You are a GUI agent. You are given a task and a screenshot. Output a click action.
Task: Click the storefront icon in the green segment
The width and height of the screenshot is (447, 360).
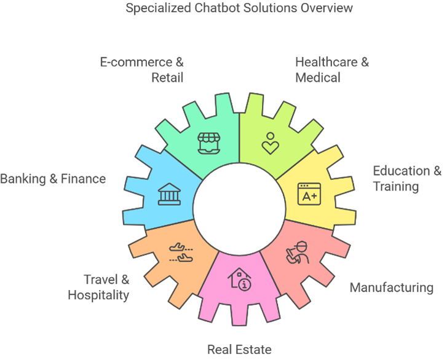(x=209, y=143)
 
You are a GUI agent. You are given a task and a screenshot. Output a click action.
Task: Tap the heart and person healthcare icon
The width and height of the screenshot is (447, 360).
(x=271, y=144)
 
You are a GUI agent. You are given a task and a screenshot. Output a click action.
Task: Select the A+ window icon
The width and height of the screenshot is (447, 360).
(x=309, y=194)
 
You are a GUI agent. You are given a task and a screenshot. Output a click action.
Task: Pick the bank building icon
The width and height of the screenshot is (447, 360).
(x=169, y=194)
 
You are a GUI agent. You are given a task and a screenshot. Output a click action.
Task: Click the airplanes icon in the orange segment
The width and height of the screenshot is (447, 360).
(x=181, y=252)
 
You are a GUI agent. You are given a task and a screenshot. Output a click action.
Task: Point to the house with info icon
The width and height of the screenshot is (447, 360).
(x=239, y=279)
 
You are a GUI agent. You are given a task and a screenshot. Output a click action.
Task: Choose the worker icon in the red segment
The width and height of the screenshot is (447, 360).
(x=298, y=253)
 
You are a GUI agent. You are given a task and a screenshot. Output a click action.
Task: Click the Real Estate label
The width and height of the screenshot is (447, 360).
(x=239, y=350)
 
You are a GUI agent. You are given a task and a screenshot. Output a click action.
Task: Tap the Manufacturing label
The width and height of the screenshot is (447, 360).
(x=392, y=288)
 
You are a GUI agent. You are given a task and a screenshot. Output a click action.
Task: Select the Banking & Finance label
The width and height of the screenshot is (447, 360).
(x=53, y=179)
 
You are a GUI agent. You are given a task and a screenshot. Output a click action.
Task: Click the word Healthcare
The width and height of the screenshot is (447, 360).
(x=326, y=62)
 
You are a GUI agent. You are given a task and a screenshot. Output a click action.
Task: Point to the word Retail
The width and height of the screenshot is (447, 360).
(x=167, y=77)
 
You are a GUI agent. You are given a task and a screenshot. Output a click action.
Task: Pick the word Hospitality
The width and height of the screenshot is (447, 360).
(x=98, y=295)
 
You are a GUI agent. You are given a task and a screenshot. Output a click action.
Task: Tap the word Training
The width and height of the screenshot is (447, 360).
(x=396, y=187)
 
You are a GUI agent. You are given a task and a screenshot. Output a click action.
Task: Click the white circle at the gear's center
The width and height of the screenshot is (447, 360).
(x=239, y=209)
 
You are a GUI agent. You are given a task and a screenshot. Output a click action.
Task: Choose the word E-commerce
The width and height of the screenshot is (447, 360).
(x=136, y=62)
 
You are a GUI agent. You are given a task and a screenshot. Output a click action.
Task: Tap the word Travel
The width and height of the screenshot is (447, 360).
(x=100, y=280)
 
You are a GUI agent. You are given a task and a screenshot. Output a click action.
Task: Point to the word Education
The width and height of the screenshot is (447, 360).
(x=402, y=171)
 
